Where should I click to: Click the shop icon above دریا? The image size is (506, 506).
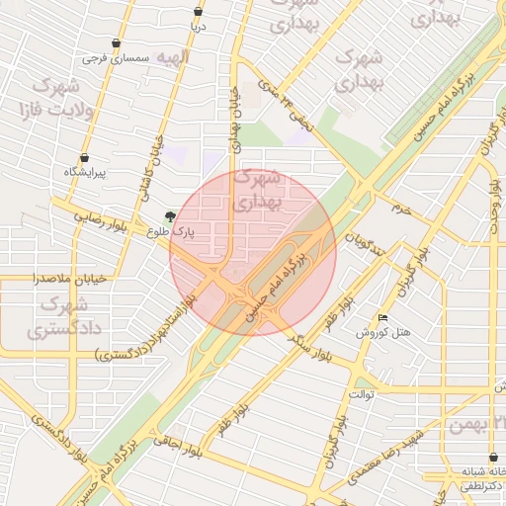[x=199, y=12]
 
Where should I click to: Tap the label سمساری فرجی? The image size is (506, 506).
[x=116, y=58]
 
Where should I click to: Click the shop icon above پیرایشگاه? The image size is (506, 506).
[x=84, y=157]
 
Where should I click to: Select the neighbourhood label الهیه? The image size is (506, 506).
[x=175, y=58]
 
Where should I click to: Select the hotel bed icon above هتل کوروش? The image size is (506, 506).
[x=382, y=317]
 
